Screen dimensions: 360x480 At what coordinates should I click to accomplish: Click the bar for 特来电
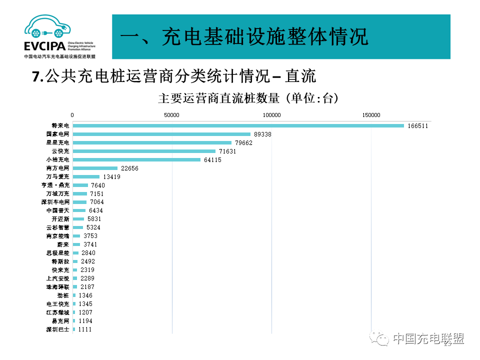pyautogui.click(x=238, y=125)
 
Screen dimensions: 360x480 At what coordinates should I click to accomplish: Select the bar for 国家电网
pyautogui.click(x=161, y=134)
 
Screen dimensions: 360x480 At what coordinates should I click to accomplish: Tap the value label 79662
pyautogui.click(x=243, y=142)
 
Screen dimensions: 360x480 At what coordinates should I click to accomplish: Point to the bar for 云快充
pyautogui.click(x=144, y=151)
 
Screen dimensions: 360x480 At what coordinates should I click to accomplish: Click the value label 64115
pyautogui.click(x=212, y=159)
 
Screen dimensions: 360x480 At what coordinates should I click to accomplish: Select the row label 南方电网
pyautogui.click(x=57, y=168)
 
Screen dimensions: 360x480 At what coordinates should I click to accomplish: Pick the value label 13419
pyautogui.click(x=111, y=176)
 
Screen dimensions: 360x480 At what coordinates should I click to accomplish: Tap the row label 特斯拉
pyautogui.click(x=60, y=261)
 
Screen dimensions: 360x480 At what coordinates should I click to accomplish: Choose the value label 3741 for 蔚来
pyautogui.click(x=90, y=244)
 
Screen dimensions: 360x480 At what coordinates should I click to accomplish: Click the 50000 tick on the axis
pyautogui.click(x=172, y=115)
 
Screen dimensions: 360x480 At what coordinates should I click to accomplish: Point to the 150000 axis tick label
pyautogui.click(x=371, y=115)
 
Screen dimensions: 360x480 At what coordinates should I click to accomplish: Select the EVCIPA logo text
pyautogui.click(x=44, y=46)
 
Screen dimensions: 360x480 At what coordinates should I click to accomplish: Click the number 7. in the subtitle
pyautogui.click(x=37, y=76)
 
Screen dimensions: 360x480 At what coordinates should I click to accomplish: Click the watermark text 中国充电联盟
pyautogui.click(x=428, y=338)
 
